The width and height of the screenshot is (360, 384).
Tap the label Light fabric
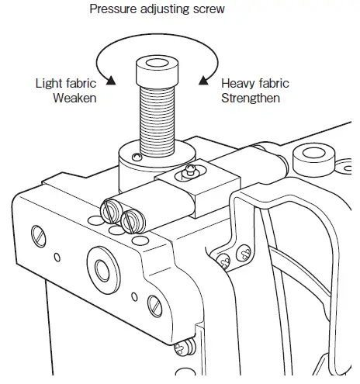click(x=66, y=83)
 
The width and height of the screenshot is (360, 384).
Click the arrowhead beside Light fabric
click(x=112, y=79)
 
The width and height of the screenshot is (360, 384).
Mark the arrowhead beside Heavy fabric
click(x=203, y=78)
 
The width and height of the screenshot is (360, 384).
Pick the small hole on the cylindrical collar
click(x=137, y=158)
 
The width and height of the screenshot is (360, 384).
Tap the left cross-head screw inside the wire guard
click(x=223, y=260)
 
